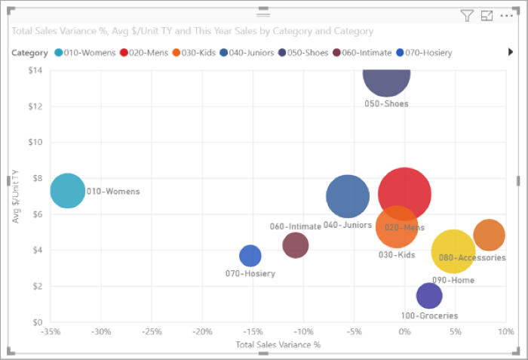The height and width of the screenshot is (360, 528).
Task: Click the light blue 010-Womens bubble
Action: click(x=68, y=191)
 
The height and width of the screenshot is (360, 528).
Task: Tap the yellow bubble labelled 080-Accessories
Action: click(x=453, y=252)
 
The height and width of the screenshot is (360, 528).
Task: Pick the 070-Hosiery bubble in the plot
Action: click(x=250, y=256)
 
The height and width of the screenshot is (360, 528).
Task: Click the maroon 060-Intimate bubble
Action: click(x=296, y=245)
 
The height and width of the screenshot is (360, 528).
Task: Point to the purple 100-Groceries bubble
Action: click(x=428, y=296)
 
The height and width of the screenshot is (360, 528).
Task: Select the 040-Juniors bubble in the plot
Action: click(x=348, y=197)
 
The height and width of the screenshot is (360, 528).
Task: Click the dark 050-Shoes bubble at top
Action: click(x=386, y=78)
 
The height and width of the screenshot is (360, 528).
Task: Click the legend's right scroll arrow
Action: click(x=511, y=52)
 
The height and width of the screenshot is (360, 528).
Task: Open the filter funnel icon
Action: click(x=467, y=16)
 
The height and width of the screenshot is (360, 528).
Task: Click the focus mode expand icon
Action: click(x=487, y=16)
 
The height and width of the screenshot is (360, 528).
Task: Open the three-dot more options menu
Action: click(x=506, y=16)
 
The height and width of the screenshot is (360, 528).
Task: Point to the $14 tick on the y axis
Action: click(x=35, y=71)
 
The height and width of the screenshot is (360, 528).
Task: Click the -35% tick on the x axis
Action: click(x=51, y=331)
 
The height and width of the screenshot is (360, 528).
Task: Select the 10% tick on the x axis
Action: click(x=505, y=331)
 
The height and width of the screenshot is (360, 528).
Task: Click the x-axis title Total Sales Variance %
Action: click(x=278, y=345)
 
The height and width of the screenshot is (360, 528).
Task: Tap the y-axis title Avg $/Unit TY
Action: click(x=15, y=196)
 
